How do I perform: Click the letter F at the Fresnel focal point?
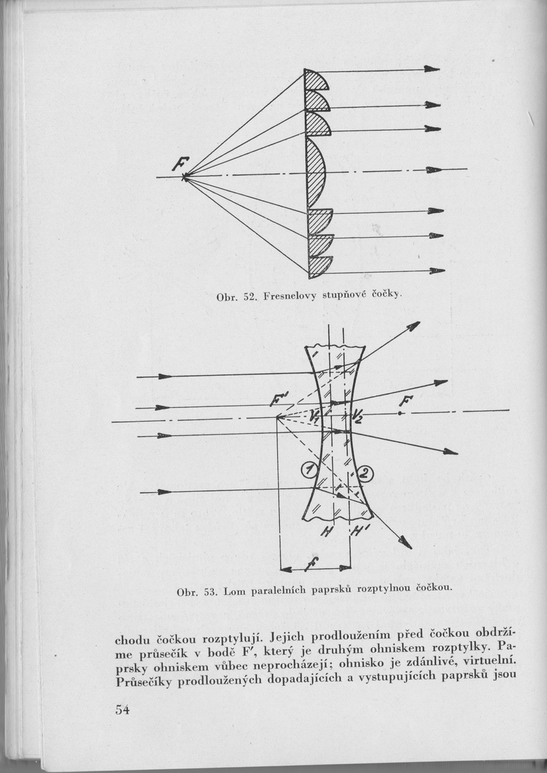(x=181, y=162)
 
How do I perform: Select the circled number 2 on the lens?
(x=367, y=474)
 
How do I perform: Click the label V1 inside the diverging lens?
(x=315, y=414)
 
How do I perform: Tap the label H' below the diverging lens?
(x=354, y=531)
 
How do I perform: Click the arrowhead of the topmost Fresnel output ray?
(x=432, y=69)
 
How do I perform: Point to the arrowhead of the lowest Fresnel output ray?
(x=437, y=271)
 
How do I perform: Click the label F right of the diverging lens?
(x=404, y=401)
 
